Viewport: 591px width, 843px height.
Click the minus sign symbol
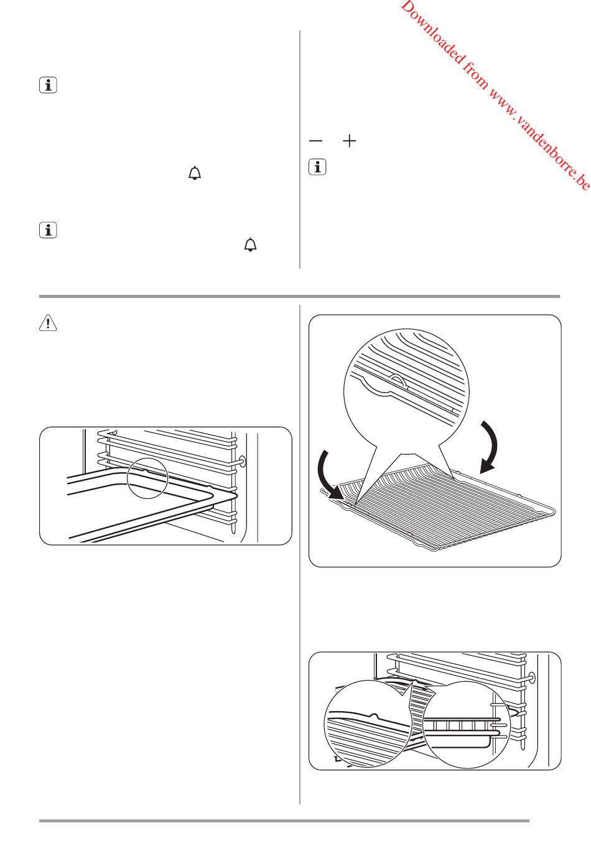pos(315,141)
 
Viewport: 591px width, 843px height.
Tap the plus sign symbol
pos(350,141)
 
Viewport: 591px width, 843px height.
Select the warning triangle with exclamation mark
pos(48,323)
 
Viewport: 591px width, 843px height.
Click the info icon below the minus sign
pos(317,167)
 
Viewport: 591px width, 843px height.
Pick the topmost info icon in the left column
pos(48,85)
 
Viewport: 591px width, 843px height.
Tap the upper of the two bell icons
pos(195,173)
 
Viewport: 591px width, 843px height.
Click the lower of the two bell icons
pos(250,245)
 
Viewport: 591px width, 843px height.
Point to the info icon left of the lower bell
pos(48,230)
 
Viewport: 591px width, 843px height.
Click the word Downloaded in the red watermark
pos(432,33)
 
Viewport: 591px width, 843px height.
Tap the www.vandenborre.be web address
pos(539,139)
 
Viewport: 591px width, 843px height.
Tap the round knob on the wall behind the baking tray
pos(241,460)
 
